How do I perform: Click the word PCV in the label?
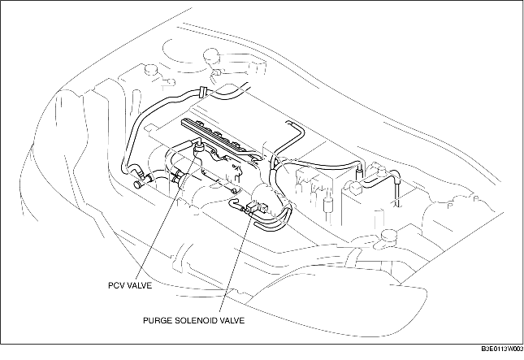118,286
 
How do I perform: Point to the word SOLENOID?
197,319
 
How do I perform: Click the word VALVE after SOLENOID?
232,319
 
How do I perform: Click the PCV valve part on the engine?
195,147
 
